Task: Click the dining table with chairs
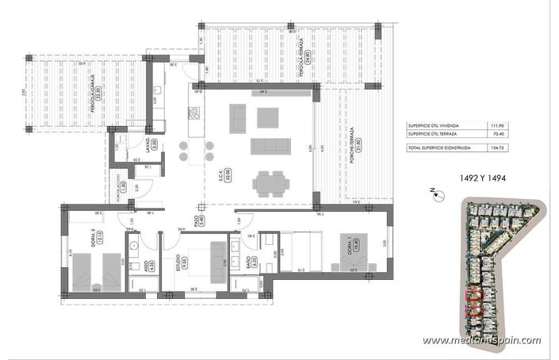tap(270, 185)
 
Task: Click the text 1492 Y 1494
tap(479, 177)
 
